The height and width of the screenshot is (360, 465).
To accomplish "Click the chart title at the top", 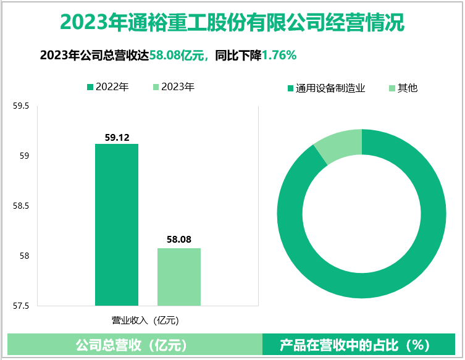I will (x=232, y=23).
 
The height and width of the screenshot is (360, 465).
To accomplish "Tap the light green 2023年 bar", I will (x=179, y=276).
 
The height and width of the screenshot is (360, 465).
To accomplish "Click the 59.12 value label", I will (x=117, y=138).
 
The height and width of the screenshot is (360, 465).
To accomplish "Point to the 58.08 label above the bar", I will (x=179, y=239).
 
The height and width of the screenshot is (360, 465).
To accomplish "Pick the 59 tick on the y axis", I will (x=25, y=156).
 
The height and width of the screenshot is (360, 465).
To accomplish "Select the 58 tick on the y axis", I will (x=25, y=256).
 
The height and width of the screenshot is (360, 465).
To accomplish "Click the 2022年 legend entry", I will (x=107, y=87).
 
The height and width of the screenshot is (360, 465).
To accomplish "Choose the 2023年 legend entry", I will (x=173, y=87).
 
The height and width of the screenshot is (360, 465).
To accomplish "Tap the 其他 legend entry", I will (x=403, y=88).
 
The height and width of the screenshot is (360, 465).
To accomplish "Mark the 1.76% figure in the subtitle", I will (x=279, y=56).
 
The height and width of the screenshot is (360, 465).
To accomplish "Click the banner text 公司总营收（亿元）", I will (x=132, y=344).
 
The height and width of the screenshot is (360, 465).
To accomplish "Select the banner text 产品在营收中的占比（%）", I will (x=363, y=344).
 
